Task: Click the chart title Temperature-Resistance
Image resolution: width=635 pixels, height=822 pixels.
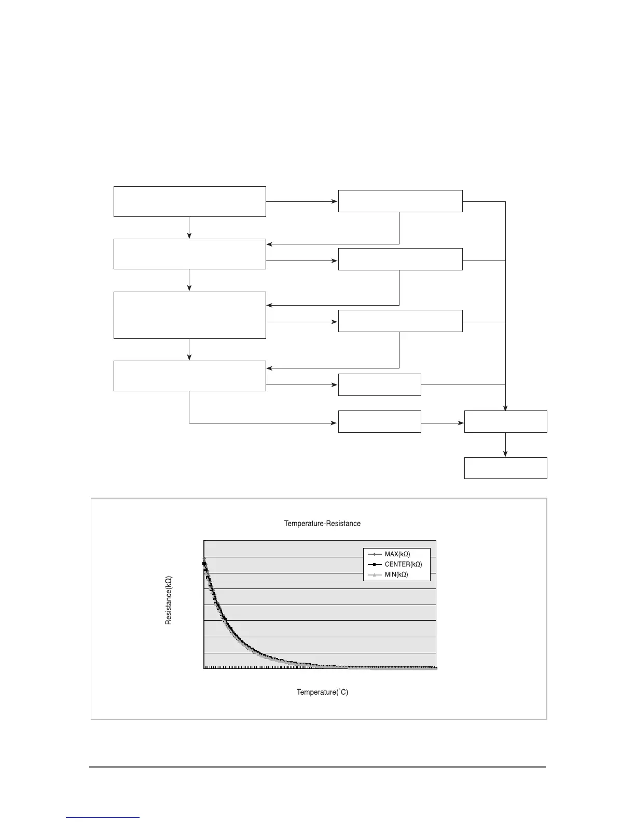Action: pos(322,524)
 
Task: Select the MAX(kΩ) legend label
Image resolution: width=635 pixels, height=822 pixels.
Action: pos(397,554)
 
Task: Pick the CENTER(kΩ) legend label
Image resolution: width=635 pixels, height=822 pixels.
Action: pos(403,564)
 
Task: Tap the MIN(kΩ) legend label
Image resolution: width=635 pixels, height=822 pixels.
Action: pos(396,574)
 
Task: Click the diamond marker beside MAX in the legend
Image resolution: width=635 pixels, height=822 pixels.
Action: pos(374,554)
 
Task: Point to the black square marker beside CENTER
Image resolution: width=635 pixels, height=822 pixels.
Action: pos(374,564)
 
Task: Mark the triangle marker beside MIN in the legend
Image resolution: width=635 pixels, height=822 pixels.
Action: pos(374,574)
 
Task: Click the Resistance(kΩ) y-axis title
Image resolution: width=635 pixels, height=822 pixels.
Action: pos(169,600)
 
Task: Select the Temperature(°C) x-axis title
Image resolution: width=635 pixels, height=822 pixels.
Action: pos(322,692)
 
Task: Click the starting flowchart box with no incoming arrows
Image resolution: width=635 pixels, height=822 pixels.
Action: pos(189,201)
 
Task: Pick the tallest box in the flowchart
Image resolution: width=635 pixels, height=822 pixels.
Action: pos(189,315)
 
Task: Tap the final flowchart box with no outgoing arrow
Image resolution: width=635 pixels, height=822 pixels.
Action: pos(505,468)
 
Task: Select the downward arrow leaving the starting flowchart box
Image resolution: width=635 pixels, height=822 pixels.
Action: pos(189,228)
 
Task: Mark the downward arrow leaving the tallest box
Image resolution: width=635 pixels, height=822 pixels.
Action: pos(189,350)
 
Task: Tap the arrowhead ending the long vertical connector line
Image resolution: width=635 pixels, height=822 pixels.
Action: pos(505,407)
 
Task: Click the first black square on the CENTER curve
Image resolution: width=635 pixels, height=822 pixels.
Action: pos(204,563)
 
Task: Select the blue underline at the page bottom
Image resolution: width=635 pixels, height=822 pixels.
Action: pos(103,817)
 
